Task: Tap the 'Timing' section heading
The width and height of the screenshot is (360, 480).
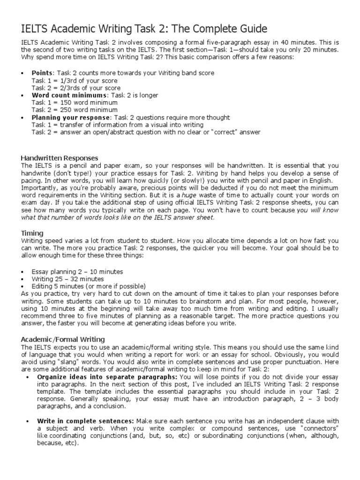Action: pyautogui.click(x=32, y=233)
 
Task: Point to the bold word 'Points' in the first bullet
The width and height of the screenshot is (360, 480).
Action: pyautogui.click(x=43, y=73)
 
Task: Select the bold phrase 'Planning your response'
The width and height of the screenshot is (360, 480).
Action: pyautogui.click(x=71, y=118)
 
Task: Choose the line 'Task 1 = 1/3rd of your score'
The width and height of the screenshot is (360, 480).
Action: pyautogui.click(x=75, y=81)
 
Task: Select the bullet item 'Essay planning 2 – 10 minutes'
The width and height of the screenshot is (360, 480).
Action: pyautogui.click(x=77, y=272)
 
